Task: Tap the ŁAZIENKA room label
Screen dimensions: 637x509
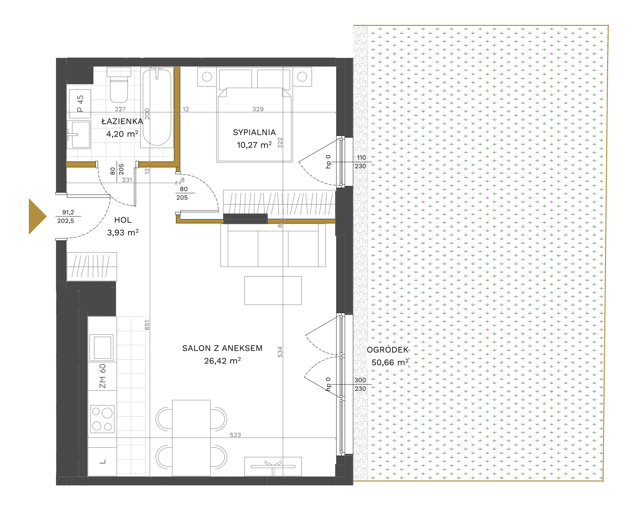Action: point(122,121)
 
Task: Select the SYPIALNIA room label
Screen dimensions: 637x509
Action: point(254,132)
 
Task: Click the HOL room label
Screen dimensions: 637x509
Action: point(123,220)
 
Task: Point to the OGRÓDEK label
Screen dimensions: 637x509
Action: point(388,350)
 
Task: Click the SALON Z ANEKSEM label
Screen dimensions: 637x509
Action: point(222,348)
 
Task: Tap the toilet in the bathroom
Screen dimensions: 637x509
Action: point(119,85)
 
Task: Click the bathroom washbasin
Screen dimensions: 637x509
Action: point(79,134)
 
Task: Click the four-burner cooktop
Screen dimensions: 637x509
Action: point(102,419)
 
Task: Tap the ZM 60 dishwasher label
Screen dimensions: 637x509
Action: point(103,376)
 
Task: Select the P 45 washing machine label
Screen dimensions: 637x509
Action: point(80,104)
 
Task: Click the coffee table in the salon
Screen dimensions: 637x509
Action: point(273,291)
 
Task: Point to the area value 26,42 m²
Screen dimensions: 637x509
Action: point(222,361)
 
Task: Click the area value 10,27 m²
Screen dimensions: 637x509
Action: point(254,145)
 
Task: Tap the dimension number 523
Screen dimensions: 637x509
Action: point(235,435)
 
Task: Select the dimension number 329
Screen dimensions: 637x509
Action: point(258,109)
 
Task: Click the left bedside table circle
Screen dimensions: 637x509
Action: point(207,77)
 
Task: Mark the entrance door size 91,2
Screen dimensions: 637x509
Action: point(68,212)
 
